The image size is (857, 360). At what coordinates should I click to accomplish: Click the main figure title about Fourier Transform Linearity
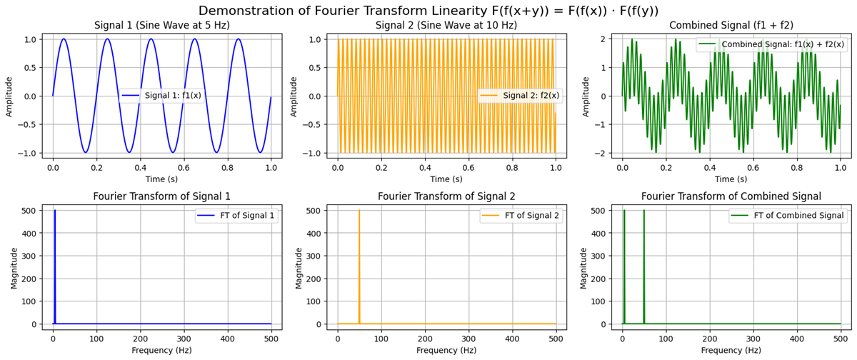[428, 10]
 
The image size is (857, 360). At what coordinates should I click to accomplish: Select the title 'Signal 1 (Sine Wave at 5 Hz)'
[163, 26]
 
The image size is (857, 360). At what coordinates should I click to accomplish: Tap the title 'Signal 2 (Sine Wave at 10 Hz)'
[447, 26]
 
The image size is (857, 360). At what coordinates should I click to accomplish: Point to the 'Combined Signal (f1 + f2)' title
[731, 26]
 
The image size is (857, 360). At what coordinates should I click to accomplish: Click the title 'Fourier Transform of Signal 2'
[447, 196]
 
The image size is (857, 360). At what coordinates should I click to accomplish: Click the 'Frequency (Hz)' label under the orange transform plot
[447, 351]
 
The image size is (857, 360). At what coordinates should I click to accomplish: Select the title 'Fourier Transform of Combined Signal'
[731, 196]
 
